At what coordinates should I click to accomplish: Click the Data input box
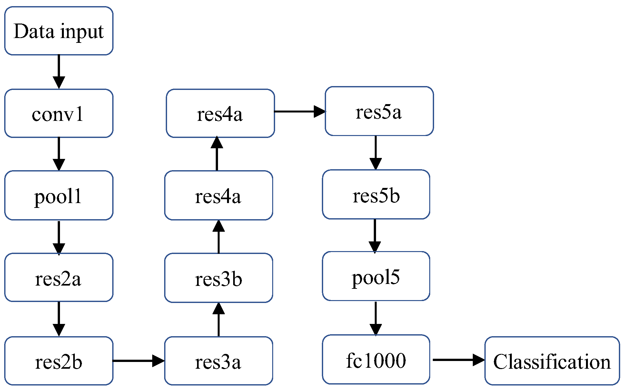59,31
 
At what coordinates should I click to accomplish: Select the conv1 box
59,113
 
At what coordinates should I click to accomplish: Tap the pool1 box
59,195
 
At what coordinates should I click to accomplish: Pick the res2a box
59,278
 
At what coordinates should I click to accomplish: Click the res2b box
59,361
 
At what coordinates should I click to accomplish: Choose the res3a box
219,361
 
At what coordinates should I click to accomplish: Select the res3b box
219,278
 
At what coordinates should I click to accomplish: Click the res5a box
379,111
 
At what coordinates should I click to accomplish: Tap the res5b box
376,194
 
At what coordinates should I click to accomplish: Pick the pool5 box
376,276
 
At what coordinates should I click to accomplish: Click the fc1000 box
376,359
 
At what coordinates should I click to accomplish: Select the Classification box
552,361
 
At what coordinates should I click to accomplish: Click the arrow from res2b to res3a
139,361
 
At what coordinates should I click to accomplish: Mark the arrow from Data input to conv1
59,72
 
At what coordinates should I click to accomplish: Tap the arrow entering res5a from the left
300,112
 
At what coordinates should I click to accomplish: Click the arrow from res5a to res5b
376,152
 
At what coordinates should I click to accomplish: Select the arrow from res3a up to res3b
219,319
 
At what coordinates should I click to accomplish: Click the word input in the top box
82,32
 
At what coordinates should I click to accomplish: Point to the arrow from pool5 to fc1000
376,318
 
